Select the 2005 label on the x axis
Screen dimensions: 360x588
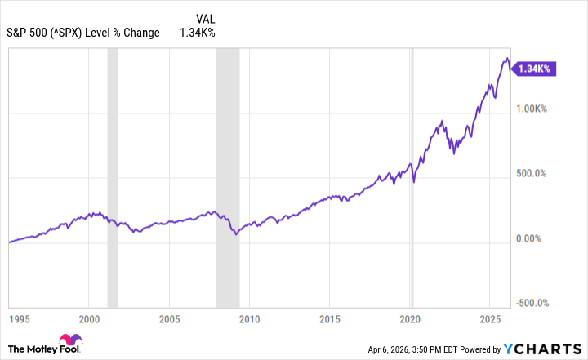coord(169,318)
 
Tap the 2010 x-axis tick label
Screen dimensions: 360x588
coord(249,318)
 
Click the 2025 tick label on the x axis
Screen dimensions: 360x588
coord(490,318)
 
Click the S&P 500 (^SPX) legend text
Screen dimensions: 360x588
coord(84,33)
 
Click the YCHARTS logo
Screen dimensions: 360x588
coord(546,346)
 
